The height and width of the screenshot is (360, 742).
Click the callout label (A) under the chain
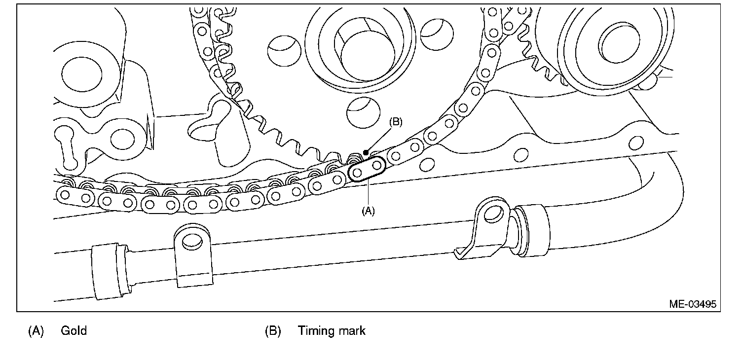369,211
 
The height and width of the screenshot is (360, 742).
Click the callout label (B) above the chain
396,122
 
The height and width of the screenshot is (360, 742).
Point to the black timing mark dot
365,152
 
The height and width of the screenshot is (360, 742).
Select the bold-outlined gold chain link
367,169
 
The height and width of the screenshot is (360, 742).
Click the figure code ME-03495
692,304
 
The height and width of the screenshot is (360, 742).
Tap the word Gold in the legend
74,330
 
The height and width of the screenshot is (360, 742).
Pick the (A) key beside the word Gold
36,330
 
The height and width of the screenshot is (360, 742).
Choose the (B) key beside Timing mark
273,330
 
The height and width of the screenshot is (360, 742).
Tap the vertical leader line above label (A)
368,193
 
